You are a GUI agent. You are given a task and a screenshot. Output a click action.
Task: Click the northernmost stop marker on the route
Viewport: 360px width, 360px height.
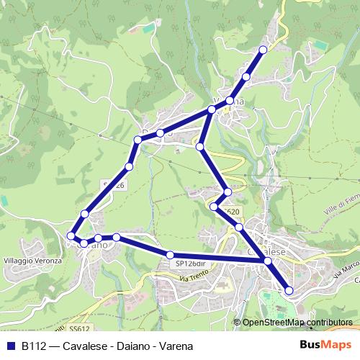(263, 50)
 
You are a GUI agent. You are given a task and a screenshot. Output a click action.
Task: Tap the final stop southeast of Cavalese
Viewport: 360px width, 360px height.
(289, 290)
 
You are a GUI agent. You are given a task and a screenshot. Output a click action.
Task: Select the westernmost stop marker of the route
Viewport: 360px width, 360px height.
(71, 235)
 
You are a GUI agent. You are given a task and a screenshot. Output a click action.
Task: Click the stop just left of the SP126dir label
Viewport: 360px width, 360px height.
(171, 254)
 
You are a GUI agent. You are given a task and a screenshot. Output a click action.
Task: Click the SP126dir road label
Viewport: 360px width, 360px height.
(190, 264)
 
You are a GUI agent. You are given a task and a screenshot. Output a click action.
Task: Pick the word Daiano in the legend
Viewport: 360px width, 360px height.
(133, 346)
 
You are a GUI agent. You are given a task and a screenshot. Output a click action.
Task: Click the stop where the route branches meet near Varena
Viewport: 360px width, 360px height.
(211, 109)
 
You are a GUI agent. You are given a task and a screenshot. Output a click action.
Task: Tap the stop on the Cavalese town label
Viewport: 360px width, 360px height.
(268, 261)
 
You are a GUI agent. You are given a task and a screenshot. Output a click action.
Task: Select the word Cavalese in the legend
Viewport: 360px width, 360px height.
(85, 346)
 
